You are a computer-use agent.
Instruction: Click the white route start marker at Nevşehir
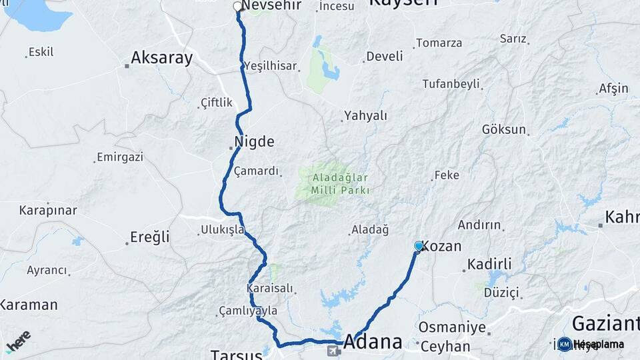[x=237, y=7]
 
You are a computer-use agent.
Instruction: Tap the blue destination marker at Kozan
[x=419, y=246]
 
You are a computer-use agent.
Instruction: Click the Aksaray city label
[x=162, y=58]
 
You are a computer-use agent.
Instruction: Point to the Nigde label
[x=254, y=141]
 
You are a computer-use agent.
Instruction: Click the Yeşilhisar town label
[x=270, y=65]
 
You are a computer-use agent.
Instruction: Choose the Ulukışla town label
[x=223, y=230]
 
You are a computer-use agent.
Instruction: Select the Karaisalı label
[x=270, y=289]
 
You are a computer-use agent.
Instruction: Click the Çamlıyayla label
[x=248, y=311]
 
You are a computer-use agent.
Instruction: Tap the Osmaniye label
[x=452, y=327]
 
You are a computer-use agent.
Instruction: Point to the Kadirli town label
[x=489, y=264]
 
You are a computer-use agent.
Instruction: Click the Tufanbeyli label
[x=451, y=84]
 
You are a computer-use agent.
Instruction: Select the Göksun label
[x=504, y=129]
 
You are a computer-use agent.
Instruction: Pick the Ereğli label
[x=150, y=237]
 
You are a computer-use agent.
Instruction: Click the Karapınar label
[x=48, y=210]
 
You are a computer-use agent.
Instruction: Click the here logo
[x=18, y=341]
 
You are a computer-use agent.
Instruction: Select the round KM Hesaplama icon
[x=565, y=344]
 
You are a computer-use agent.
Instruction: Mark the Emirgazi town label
[x=120, y=157]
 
